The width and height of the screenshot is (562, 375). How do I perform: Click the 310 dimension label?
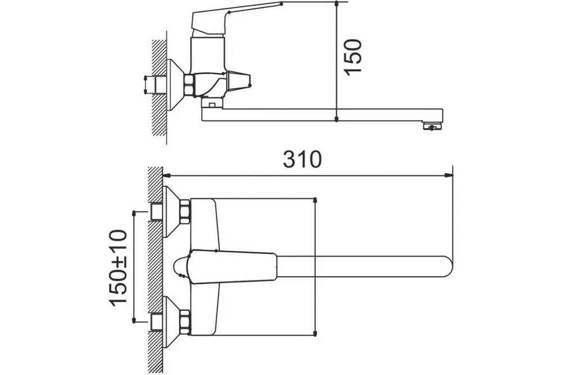click(302, 160)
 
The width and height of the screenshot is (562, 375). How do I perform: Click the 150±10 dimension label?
click(118, 268)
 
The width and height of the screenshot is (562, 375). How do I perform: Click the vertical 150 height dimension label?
click(353, 57)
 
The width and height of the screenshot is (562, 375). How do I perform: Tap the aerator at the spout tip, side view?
click(433, 126)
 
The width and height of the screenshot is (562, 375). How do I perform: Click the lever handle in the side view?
click(229, 18)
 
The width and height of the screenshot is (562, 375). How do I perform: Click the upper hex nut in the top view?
click(185, 212)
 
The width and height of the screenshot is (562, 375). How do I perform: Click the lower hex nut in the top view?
click(185, 322)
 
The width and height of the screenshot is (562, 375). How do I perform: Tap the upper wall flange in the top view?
click(171, 211)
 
